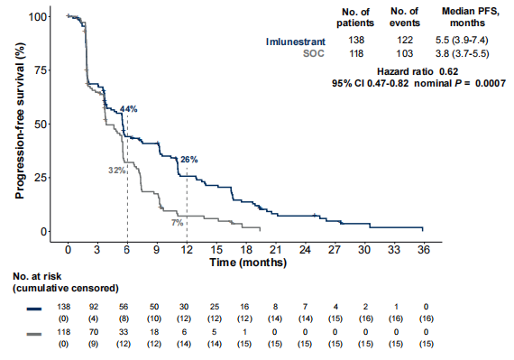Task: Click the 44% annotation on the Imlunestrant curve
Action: click(x=128, y=109)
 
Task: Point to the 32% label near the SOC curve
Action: click(x=116, y=171)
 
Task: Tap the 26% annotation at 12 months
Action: click(x=189, y=160)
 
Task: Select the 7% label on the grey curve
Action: click(x=177, y=223)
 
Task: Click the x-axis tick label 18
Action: click(x=246, y=250)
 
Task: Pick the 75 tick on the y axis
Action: click(x=41, y=70)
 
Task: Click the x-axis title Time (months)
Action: click(x=248, y=263)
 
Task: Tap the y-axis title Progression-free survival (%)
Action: click(x=20, y=120)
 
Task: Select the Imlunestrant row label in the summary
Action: click(x=296, y=42)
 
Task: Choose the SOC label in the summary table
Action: click(x=314, y=53)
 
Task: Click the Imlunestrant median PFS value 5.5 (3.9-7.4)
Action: click(x=462, y=40)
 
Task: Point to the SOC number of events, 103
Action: click(x=405, y=53)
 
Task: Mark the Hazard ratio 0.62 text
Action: click(x=418, y=71)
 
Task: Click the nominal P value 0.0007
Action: click(x=491, y=83)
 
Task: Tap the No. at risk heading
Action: click(x=37, y=276)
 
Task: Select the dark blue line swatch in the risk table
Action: click(x=34, y=309)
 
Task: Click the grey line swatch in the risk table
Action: click(x=34, y=335)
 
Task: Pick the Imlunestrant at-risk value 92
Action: click(x=94, y=307)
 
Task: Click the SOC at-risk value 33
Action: click(x=124, y=332)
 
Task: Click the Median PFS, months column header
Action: click(x=470, y=17)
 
